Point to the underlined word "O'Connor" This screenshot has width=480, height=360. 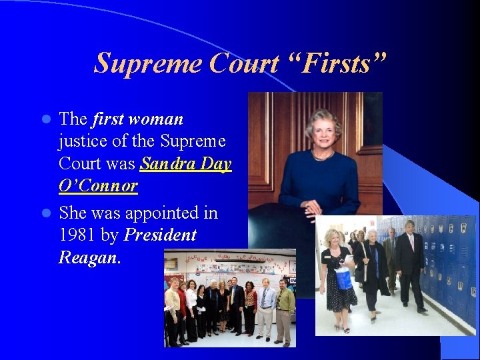tap(98, 185)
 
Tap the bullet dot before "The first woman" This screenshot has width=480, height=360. tap(46, 120)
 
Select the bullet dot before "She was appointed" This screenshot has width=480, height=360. tap(46, 213)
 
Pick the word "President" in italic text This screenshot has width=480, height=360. tap(160, 235)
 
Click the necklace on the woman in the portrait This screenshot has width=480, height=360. tap(322, 156)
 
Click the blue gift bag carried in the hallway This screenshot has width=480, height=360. tap(344, 277)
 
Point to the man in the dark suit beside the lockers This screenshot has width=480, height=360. tap(411, 263)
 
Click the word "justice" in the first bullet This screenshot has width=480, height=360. tap(81, 141)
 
